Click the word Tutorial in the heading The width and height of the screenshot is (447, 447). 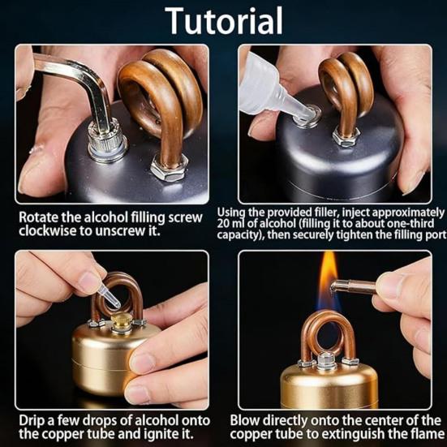click(224, 20)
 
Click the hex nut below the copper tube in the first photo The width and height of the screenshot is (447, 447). click(169, 168)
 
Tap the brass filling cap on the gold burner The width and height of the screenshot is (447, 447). click(121, 322)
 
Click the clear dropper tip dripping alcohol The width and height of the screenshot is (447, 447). click(109, 297)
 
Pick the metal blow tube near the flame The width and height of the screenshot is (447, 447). click(354, 287)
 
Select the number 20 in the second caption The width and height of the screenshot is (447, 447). click(223, 224)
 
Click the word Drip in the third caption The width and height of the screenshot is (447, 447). click(30, 421)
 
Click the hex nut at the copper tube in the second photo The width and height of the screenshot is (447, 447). click(345, 138)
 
